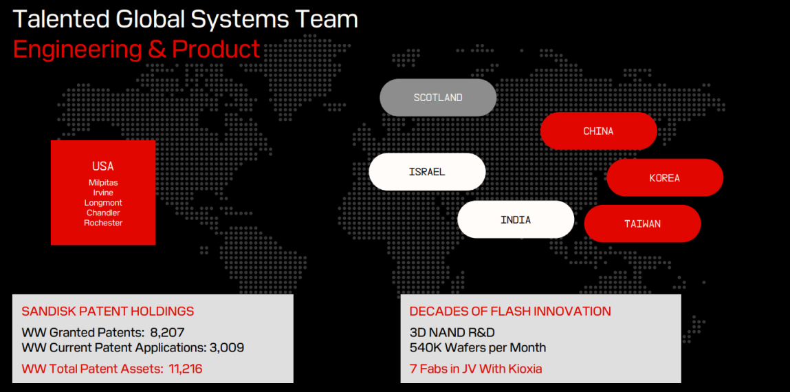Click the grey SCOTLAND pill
pos(438,98)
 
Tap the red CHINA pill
pos(599,131)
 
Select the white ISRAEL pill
pos(427,172)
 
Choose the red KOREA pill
pos(665,178)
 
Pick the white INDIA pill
pos(516,219)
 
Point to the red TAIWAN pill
pos(642,224)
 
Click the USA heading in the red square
pos(102,166)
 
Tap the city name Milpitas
pos(103,182)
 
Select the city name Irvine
pos(103,193)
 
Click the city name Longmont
pos(103,203)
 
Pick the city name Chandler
pos(103,213)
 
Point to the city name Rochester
pos(103,223)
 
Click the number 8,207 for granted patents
pos(168,333)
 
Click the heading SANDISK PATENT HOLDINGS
pos(108,312)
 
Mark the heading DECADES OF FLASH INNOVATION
pos(510,312)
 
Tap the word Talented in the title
pos(59,20)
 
